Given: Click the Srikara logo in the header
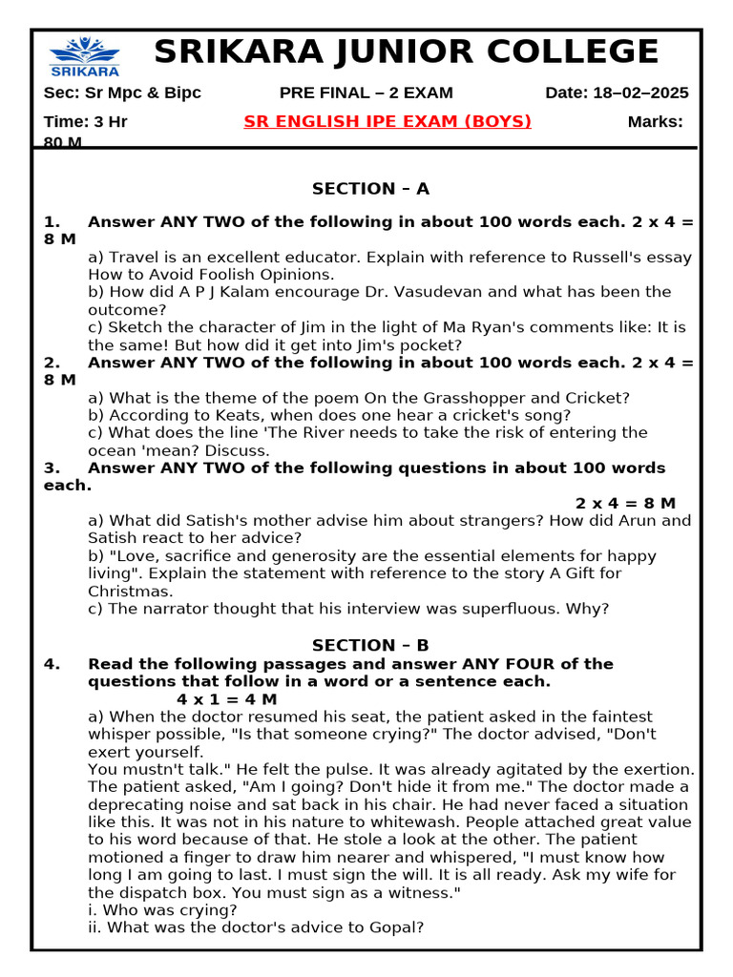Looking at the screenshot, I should [85, 57].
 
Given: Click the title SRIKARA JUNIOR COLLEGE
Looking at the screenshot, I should [406, 52].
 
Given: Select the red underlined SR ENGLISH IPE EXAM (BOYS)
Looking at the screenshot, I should [387, 121].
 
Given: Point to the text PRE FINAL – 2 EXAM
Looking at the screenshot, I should [366, 93].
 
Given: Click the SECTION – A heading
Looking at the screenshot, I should [370, 189].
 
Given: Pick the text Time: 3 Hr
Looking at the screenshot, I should [86, 121].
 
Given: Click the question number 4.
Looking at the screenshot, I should [52, 664].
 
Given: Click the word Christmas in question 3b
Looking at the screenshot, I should [127, 592].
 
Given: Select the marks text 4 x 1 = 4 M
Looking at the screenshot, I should [227, 699].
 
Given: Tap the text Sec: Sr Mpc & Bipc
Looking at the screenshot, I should [122, 93].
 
